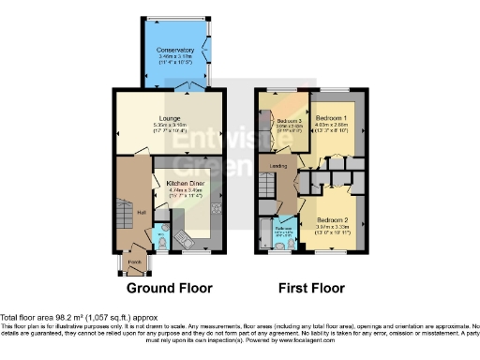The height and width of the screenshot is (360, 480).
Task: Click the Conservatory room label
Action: coord(176,49)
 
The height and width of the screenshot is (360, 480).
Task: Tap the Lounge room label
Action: coord(169,119)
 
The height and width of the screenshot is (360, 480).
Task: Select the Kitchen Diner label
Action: coord(185,183)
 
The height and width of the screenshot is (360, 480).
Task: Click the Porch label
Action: coord(134,262)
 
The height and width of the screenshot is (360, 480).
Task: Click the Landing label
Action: coord(277,167)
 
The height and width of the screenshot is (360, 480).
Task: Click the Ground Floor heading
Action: coord(169,288)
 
